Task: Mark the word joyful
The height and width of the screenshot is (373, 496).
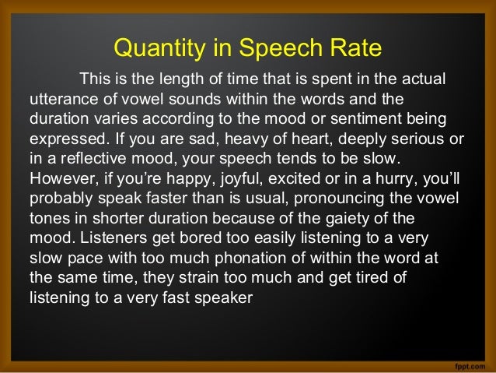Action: [236, 179]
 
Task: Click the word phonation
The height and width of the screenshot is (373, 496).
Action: [239, 257]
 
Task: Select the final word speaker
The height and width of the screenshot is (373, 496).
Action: [225, 296]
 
